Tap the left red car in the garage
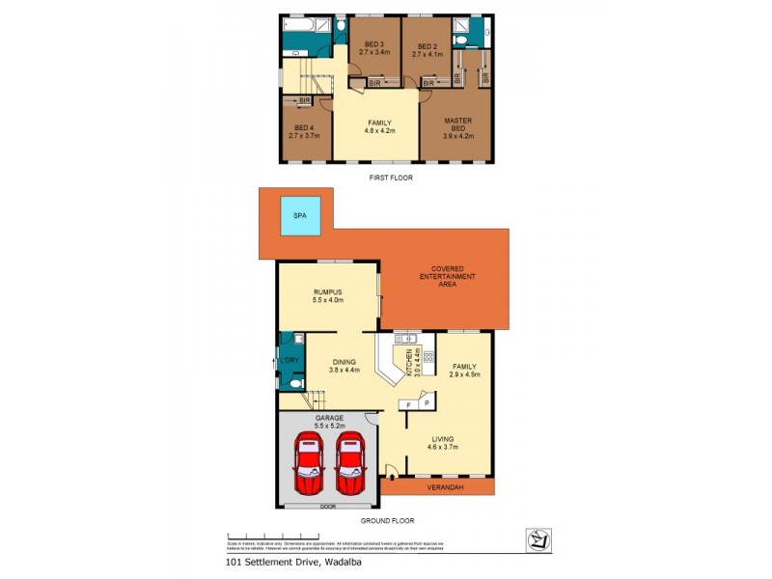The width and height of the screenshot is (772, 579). pos(308,463)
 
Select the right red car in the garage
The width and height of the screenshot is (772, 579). pos(350,463)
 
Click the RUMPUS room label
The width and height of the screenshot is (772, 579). pos(329,295)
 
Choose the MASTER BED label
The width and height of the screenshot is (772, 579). pos(456,125)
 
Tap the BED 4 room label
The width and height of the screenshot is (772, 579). pos(303,131)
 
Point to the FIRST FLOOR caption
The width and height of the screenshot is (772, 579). pos(389,179)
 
